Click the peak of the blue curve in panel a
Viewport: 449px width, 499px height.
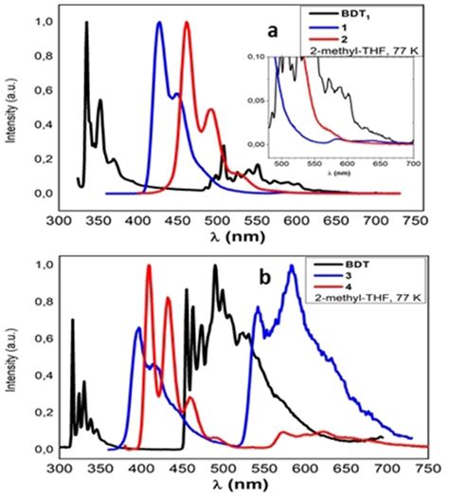point(159,23)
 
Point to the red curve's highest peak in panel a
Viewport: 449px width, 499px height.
point(187,23)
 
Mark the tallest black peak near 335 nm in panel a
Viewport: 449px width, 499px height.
point(86,23)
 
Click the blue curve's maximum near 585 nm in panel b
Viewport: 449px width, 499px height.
point(292,267)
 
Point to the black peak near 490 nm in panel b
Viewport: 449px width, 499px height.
point(215,267)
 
